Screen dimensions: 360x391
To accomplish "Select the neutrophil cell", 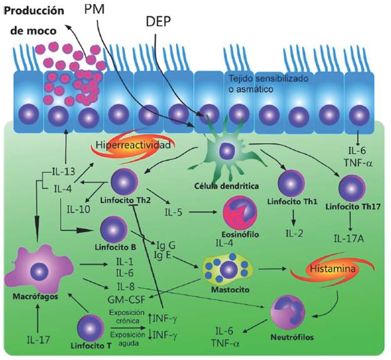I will (x=293, y=312).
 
